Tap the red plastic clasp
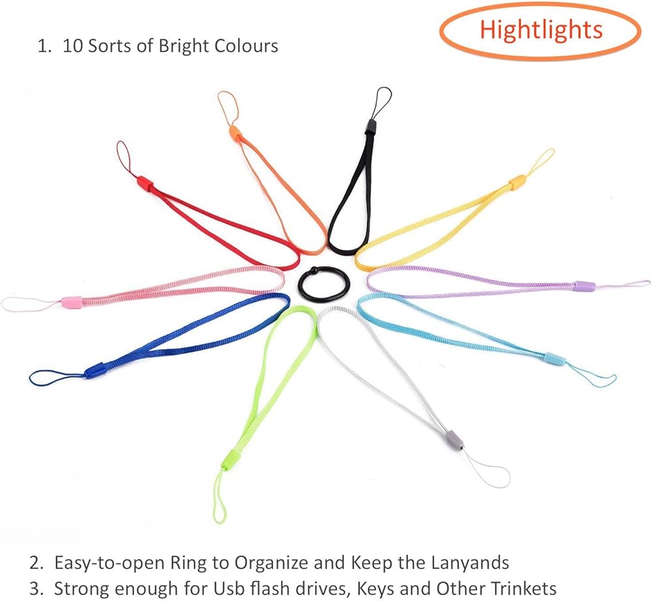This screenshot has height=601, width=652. [145, 183]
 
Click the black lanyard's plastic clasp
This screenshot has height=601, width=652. [371, 125]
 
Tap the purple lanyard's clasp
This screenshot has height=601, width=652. [584, 286]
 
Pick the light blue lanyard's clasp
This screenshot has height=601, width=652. [555, 358]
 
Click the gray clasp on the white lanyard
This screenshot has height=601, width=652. [454, 440]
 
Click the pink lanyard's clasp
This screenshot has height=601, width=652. [71, 302]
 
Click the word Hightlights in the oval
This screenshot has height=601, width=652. [541, 29]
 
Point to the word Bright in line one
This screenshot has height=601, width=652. [183, 46]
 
